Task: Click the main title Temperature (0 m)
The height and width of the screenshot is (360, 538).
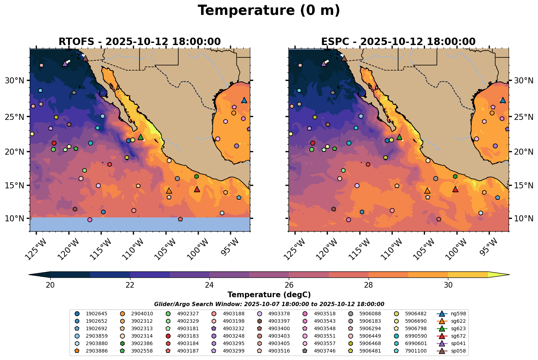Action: tap(269, 11)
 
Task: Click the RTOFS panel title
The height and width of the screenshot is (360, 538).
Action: tap(139, 41)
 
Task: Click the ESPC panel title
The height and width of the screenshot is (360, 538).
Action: tap(398, 41)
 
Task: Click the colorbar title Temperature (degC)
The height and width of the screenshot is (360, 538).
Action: tap(269, 295)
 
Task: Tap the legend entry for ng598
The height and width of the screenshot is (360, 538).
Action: tap(454, 314)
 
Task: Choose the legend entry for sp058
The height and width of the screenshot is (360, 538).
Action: tap(454, 351)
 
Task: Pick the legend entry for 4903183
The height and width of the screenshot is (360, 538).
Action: tap(181, 336)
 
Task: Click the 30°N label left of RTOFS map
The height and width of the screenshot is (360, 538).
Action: tap(15, 81)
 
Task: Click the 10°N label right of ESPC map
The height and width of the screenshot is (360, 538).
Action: tap(523, 218)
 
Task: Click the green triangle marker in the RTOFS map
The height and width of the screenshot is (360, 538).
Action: tap(141, 137)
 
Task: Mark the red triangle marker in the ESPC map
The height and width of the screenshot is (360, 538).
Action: tap(455, 189)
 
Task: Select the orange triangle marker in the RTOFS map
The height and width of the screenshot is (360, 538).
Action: tap(169, 190)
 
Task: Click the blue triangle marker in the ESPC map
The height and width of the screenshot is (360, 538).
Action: tap(503, 100)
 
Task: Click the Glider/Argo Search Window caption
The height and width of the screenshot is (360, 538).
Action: tap(269, 304)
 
